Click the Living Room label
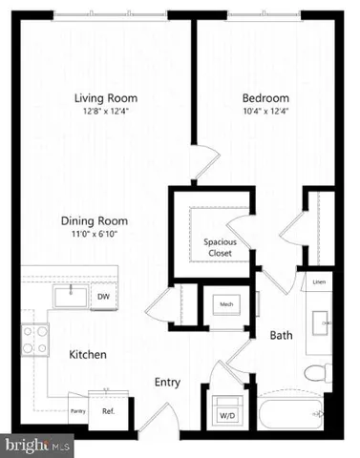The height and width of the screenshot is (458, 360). click(x=106, y=97)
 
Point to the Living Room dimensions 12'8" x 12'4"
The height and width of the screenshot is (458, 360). click(x=106, y=113)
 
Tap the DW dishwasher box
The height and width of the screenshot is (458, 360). click(x=103, y=297)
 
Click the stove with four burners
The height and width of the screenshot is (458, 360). click(x=35, y=339)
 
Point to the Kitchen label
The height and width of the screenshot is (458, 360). click(x=87, y=355)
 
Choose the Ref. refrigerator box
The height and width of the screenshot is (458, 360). click(x=108, y=411)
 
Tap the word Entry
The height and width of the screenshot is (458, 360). click(x=168, y=383)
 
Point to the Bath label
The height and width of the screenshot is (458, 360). click(x=281, y=336)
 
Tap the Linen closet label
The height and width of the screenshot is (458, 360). click(x=318, y=282)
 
